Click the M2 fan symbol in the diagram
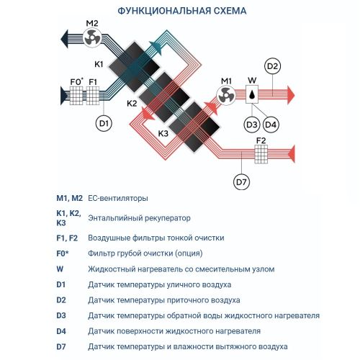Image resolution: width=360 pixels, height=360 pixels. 92,42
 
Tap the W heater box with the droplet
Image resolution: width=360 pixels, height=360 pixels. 251,93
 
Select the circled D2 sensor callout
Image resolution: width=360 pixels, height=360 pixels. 271,67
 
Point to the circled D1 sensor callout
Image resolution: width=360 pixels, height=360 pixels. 104,124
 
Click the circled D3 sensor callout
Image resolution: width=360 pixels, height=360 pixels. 251,125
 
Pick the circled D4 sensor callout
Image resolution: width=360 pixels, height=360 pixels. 271,125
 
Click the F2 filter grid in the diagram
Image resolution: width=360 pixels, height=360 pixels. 261,153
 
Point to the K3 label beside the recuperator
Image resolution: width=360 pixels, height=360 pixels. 163,134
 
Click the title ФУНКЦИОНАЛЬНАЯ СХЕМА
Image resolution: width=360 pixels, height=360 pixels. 180,12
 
